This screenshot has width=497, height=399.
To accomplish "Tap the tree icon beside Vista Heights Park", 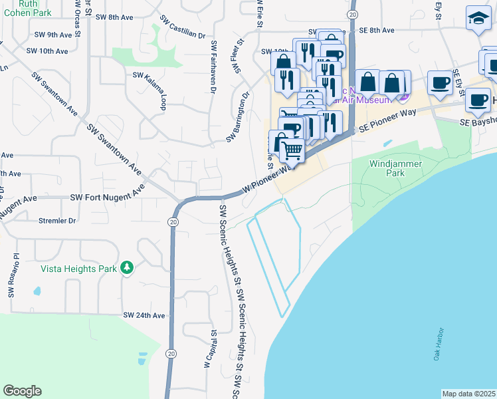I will click(x=126, y=268).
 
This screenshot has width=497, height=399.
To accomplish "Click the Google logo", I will click(x=22, y=391).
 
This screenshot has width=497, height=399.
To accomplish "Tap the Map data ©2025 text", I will click(x=468, y=394).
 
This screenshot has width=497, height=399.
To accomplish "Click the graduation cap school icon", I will click(x=478, y=18).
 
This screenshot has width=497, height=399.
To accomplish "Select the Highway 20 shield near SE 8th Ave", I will click(x=353, y=13).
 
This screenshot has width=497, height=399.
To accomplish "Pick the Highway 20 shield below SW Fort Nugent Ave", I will click(x=173, y=221).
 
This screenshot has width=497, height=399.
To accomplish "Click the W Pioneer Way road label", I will click(x=268, y=178).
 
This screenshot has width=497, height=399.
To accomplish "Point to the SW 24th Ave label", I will click(x=144, y=315).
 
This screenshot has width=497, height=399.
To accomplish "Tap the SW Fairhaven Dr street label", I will click(x=214, y=65).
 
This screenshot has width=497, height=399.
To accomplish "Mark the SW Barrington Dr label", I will click(x=237, y=117).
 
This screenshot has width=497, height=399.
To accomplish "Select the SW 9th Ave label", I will click(x=52, y=34).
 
